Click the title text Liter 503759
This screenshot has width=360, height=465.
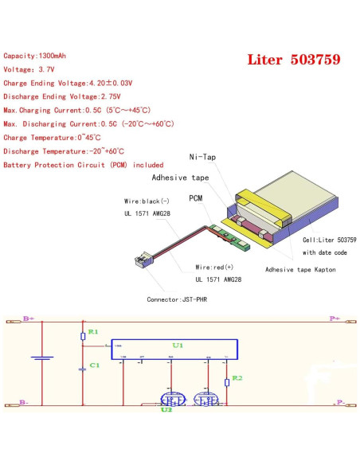294,60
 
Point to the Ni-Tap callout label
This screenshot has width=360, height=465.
202,158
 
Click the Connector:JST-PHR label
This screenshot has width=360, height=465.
180,300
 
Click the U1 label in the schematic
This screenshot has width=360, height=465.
178,346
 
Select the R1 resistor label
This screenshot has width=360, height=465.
92,330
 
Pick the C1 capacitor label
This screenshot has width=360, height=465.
93,365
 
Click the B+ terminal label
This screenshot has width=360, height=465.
29,318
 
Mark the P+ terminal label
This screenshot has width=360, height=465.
334,318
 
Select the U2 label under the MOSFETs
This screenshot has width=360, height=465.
166,411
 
